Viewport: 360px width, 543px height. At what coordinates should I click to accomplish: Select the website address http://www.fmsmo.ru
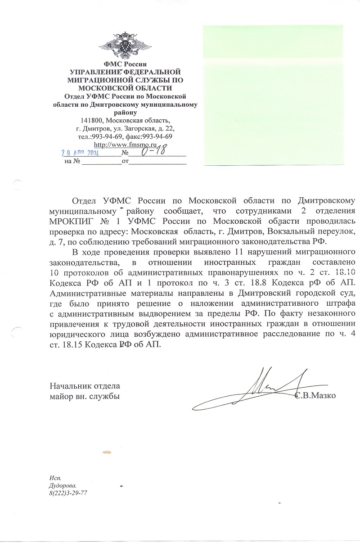[125, 145]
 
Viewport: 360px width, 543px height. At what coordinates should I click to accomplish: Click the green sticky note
[281, 95]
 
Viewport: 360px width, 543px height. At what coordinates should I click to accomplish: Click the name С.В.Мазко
[315, 396]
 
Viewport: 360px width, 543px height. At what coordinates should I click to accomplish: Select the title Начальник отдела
[84, 386]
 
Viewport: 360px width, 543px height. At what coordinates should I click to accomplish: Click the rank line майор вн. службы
[85, 396]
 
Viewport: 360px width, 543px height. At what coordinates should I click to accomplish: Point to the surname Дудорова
[63, 486]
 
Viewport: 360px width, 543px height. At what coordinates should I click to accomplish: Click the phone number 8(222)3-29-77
[68, 493]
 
